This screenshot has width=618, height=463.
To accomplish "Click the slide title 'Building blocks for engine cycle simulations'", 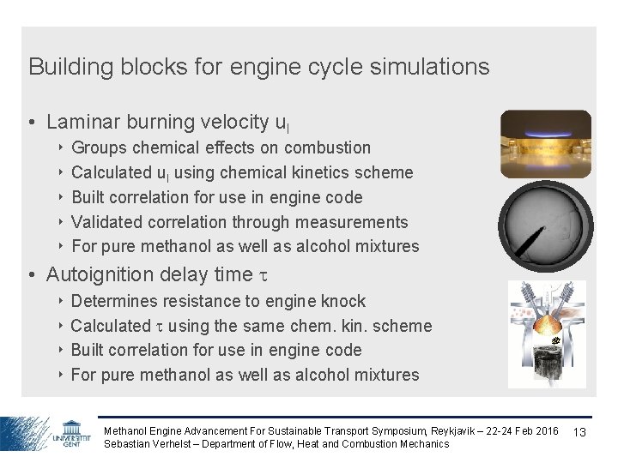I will click(258, 67).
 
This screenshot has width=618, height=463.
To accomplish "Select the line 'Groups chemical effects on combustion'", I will click(221, 147).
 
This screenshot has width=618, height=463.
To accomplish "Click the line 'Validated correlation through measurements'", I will click(239, 222).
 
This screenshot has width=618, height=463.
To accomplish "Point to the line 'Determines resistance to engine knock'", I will click(218, 301).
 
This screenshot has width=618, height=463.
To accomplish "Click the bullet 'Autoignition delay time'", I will click(150, 274).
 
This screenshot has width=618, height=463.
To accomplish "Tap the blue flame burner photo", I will click(546, 143).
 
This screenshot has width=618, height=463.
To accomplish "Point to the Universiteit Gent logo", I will click(72, 433).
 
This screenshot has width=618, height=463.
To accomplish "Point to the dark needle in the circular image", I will click(534, 234).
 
